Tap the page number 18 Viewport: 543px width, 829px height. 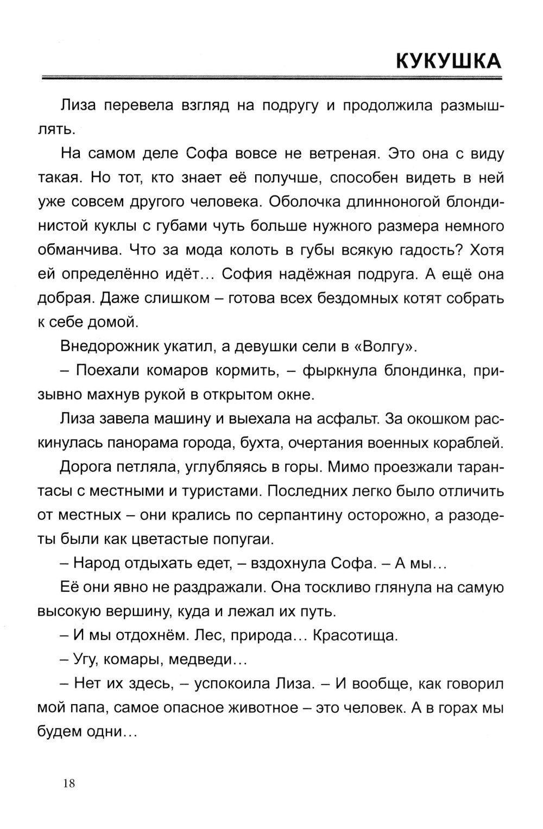(x=69, y=783)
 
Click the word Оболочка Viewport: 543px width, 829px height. (x=310, y=202)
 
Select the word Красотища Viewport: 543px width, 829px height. (x=355, y=635)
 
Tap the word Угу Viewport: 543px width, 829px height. (x=86, y=660)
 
